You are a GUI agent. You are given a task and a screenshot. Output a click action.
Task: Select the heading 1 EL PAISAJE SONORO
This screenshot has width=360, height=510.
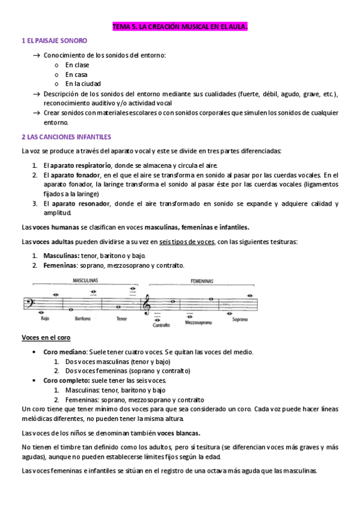(x=54, y=41)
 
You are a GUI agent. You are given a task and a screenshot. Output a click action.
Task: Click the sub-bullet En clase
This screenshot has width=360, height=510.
(x=77, y=64)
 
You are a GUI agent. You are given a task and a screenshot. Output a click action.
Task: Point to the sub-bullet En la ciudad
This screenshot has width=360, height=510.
(x=83, y=84)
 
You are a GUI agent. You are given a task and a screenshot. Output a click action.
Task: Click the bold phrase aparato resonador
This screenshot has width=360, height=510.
(x=80, y=203)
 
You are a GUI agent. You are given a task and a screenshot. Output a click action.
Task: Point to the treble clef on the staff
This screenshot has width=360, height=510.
(x=147, y=306)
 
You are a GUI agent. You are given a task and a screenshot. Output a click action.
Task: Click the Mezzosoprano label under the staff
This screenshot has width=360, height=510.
(x=200, y=322)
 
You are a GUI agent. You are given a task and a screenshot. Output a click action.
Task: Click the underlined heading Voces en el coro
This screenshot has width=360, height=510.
(x=46, y=337)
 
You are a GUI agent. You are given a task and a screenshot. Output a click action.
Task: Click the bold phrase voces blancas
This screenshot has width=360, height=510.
(x=179, y=432)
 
